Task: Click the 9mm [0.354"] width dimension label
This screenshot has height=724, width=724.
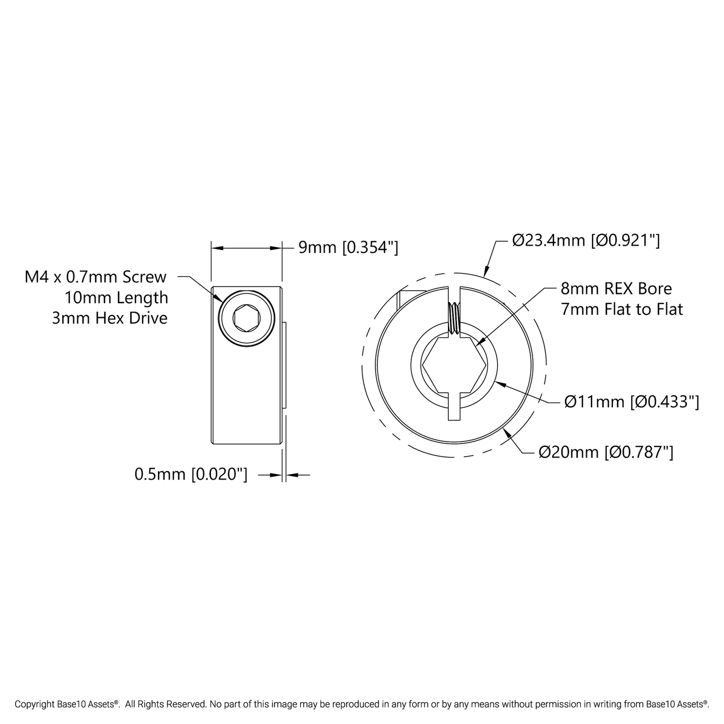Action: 348,248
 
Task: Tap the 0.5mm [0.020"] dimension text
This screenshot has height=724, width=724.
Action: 191,474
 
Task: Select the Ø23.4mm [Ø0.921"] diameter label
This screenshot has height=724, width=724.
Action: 586,240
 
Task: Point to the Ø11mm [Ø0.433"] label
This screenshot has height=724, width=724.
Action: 631,402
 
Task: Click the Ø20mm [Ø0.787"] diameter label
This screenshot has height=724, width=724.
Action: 606,452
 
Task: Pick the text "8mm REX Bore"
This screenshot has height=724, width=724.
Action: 616,289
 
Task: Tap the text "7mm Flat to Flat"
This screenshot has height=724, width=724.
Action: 622,309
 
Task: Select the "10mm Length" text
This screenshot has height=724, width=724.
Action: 116,298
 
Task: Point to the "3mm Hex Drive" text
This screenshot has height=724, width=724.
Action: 110,318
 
